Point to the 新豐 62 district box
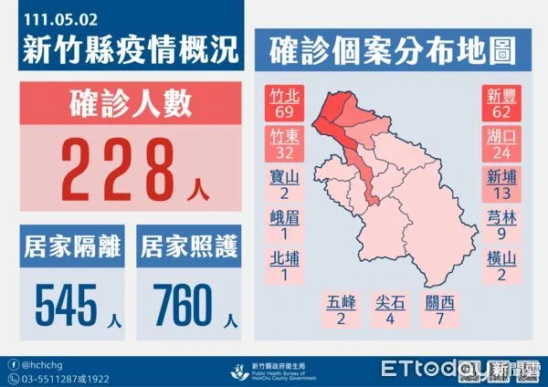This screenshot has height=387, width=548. pos(501,104)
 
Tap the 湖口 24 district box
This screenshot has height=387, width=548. pos(501,145)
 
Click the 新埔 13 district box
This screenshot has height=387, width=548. pos(501,186)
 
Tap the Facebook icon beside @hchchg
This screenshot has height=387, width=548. pos(12,363)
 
